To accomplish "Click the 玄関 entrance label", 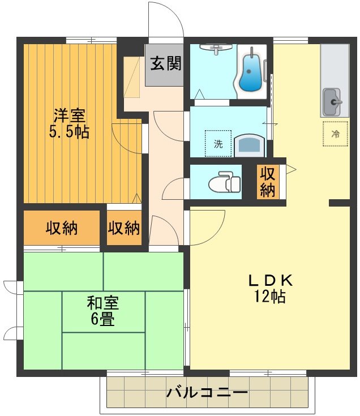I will [x=165, y=64].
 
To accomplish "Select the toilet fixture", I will [x=221, y=182].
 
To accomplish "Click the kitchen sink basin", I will [x=332, y=102].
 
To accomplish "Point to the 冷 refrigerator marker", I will [x=335, y=134].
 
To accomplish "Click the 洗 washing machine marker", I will [x=218, y=144].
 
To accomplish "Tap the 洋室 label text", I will [x=70, y=116].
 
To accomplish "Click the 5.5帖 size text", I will [x=70, y=133].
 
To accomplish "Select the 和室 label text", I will [x=102, y=303].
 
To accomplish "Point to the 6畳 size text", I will [x=102, y=320].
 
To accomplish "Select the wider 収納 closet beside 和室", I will [x=62, y=229].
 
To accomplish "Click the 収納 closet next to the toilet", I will [x=267, y=182].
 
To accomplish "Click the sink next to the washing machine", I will [x=248, y=145].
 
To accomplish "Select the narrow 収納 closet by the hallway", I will [x=124, y=229].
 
